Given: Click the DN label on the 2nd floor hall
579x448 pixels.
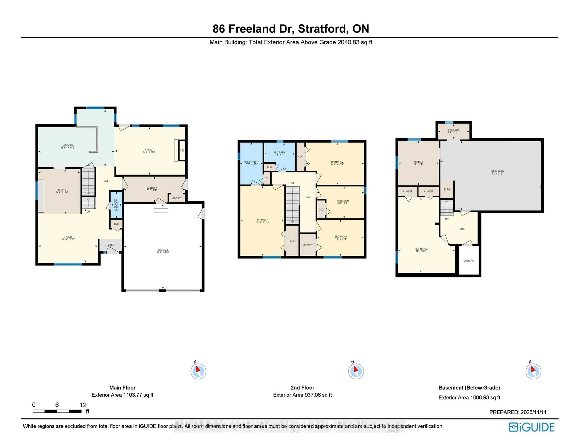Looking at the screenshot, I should tap(292, 183).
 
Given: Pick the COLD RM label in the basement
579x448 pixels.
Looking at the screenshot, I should tap(469, 260).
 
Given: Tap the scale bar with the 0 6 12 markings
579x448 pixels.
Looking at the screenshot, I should tap(57, 411).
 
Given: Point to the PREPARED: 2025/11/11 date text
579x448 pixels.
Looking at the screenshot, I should tap(517, 412).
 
